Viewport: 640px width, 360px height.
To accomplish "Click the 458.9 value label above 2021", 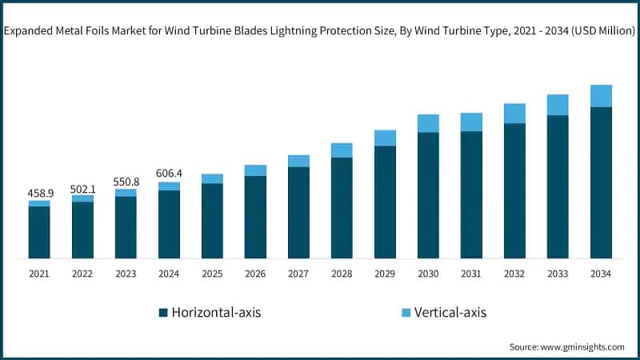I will pyautogui.click(x=39, y=194).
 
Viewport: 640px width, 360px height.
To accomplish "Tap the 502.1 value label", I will pyautogui.click(x=82, y=188).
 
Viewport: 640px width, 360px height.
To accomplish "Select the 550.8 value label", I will pyautogui.click(x=126, y=182).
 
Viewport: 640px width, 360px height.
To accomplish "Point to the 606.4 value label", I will pyautogui.click(x=169, y=174).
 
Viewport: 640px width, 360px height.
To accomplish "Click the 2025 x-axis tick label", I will pyautogui.click(x=212, y=274).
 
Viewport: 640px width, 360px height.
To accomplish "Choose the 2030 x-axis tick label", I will pyautogui.click(x=428, y=274).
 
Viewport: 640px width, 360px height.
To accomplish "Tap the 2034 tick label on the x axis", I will pyautogui.click(x=601, y=274).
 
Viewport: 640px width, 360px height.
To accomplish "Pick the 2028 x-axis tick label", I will pyautogui.click(x=342, y=274).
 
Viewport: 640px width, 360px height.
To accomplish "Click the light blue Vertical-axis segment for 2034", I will pyautogui.click(x=601, y=96).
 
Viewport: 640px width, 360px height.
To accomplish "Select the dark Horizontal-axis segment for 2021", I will pyautogui.click(x=39, y=232).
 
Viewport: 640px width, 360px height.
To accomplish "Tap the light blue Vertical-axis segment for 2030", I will pyautogui.click(x=428, y=123).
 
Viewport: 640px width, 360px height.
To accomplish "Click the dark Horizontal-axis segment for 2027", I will pyautogui.click(x=298, y=212).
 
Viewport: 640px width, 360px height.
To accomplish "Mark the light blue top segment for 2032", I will pyautogui.click(x=514, y=114).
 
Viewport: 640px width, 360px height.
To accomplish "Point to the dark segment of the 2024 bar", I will pyautogui.click(x=169, y=224).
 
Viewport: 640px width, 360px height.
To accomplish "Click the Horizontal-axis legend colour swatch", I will pyautogui.click(x=163, y=312).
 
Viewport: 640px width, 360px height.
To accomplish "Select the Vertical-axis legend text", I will pyautogui.click(x=450, y=312).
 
